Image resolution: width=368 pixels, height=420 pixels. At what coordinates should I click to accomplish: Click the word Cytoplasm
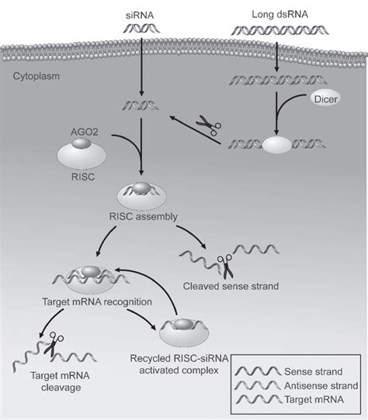36,77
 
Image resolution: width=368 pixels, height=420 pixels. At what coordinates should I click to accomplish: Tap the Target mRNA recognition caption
91,301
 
